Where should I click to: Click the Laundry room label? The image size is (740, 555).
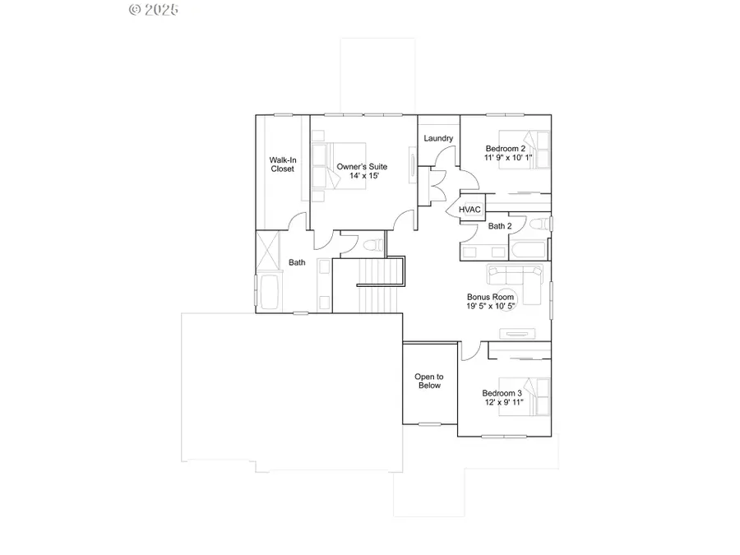pos(439,138)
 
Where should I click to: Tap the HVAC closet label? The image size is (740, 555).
pos(469,210)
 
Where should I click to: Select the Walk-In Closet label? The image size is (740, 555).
pos(283,164)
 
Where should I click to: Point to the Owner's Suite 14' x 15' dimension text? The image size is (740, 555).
pos(362,176)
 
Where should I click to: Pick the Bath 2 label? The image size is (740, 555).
pos(500,226)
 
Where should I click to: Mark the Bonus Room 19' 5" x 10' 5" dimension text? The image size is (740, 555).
pos(491,306)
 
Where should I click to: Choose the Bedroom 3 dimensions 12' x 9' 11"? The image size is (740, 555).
pos(502,403)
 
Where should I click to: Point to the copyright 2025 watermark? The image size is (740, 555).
pos(154,10)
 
